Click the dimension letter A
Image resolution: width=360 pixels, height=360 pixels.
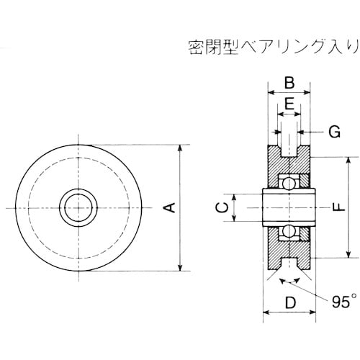click(x=170, y=208)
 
